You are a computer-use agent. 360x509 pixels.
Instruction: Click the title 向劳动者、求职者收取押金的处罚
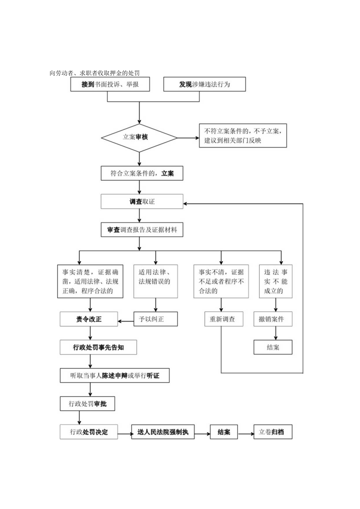[95, 73]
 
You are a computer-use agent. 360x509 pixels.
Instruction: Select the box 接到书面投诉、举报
[110, 85]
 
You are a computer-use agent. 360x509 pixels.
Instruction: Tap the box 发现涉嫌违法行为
[205, 85]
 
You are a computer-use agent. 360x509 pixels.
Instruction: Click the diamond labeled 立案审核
[139, 137]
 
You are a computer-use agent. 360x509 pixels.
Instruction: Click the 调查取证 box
[142, 202]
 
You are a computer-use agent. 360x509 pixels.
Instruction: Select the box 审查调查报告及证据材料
[142, 230]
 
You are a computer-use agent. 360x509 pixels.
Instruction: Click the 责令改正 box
[89, 319]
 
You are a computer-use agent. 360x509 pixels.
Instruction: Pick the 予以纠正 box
[156, 319]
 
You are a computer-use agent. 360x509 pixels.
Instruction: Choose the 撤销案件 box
[273, 319]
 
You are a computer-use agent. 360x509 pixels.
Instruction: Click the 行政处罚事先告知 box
[98, 347]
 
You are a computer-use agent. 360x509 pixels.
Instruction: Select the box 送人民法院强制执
[163, 432]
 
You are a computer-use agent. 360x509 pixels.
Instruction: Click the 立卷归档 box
[272, 432]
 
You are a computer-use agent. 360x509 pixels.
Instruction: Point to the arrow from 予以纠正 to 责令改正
[126, 322]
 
